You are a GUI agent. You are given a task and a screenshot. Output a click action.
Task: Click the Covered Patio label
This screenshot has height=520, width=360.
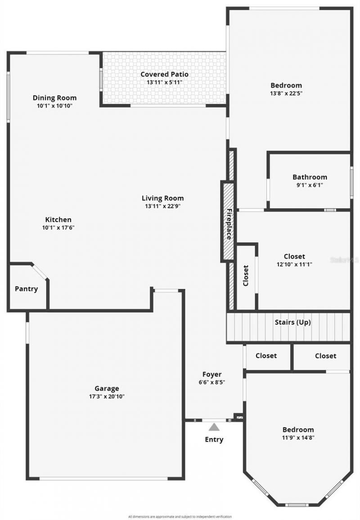[x=164, y=74]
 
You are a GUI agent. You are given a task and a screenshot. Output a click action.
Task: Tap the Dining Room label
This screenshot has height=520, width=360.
[x=54, y=98]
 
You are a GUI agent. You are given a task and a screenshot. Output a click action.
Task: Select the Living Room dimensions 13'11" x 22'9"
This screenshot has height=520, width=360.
[x=163, y=206]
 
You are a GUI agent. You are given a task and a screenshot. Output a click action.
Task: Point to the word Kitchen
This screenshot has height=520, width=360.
[x=58, y=220]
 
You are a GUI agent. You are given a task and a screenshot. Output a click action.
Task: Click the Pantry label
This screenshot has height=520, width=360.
[x=26, y=289]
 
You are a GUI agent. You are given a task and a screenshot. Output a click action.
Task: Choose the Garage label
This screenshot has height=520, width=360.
[x=107, y=389]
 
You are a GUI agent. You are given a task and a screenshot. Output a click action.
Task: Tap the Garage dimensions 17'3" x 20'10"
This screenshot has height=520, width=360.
[x=107, y=397]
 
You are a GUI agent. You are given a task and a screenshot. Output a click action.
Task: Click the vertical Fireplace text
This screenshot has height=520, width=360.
[x=229, y=224]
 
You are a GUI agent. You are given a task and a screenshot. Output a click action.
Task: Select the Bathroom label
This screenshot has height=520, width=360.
[x=310, y=177]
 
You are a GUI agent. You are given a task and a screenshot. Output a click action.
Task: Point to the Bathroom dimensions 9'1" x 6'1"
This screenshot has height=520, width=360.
[x=310, y=185]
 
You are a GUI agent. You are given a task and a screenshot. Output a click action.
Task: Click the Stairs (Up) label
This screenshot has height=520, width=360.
[x=292, y=322]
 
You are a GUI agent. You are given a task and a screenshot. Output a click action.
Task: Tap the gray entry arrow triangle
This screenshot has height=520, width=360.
[x=214, y=426]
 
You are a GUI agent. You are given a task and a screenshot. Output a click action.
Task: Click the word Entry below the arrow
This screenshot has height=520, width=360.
[x=214, y=439]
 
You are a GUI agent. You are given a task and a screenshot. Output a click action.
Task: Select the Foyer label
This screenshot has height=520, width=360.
[x=211, y=374]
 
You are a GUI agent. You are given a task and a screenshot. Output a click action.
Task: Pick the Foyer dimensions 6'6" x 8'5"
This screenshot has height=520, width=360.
[x=211, y=382]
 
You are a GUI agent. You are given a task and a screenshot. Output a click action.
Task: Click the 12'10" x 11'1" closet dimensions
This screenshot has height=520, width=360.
[x=294, y=264]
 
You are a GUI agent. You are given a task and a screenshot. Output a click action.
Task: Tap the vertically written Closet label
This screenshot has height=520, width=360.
[x=246, y=276]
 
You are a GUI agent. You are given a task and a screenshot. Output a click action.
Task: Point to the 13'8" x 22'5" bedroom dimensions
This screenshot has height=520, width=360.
[x=286, y=94]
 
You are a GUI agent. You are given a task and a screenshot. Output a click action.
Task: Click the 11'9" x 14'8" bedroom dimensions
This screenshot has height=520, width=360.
[x=298, y=437]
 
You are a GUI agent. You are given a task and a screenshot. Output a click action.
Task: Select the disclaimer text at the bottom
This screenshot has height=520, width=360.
[x=180, y=516]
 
